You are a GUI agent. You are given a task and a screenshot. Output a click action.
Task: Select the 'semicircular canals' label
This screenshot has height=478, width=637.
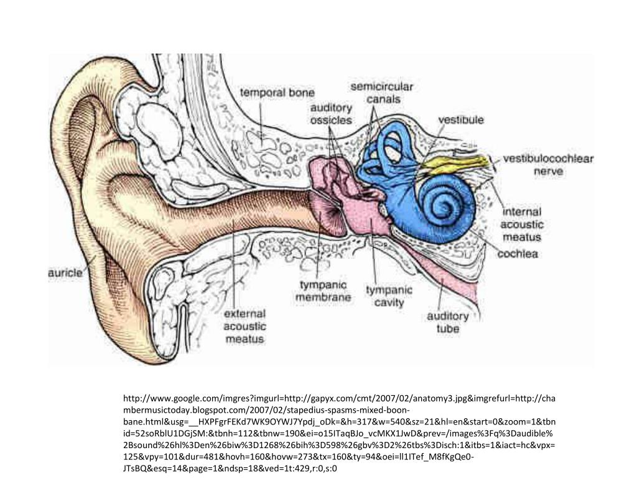pos(382,93)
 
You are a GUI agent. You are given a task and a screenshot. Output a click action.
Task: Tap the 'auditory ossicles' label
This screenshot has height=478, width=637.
pos(331,115)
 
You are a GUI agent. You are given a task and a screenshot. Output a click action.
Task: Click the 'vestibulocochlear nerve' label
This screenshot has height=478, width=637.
pos(547,164)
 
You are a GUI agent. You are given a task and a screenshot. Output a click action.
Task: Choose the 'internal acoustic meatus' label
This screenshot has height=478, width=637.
pos(522,224)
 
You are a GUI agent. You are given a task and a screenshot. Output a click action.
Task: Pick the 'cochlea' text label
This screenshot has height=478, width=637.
pos(517,254)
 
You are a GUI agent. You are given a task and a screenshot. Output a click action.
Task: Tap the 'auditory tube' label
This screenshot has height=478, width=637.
pos(448,322)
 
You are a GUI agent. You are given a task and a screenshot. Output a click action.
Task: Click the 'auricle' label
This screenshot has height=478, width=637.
pos(65,273)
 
